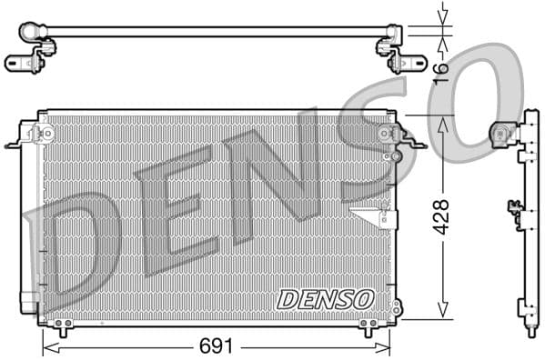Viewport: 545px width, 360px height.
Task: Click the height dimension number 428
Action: [442, 216]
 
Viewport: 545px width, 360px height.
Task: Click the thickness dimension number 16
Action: [442, 70]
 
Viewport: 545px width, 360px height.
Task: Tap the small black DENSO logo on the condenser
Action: [326, 299]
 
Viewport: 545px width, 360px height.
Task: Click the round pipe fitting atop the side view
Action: [500, 135]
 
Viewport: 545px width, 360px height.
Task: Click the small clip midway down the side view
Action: [515, 215]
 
